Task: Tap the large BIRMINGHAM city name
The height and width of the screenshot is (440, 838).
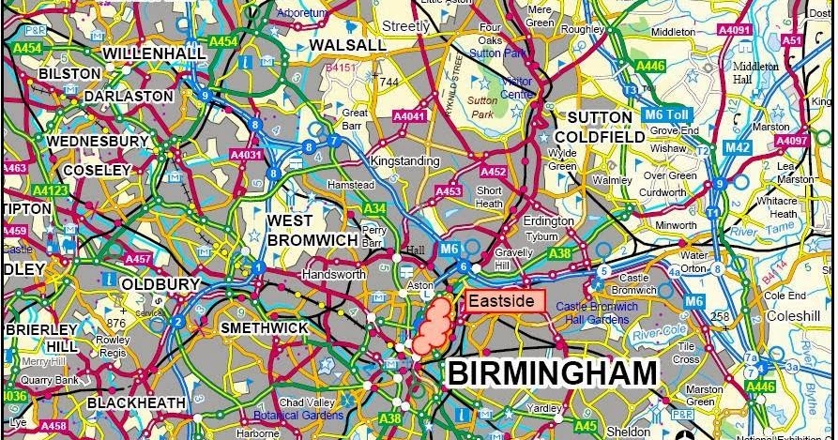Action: pos(552,372)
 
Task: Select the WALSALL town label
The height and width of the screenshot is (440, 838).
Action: pos(347,45)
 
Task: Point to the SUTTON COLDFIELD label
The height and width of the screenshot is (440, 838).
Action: pos(607,127)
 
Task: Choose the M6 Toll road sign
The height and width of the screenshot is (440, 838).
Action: pos(667,114)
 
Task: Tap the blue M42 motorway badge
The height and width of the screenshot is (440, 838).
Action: pos(737,147)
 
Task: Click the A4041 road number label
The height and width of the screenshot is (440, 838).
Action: pos(409,115)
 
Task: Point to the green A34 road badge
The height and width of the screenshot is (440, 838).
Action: pos(374,208)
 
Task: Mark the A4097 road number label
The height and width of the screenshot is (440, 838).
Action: pos(792,141)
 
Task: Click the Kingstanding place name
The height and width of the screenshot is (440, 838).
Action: pos(404,161)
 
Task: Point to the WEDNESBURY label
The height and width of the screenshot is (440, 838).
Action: pos(98,142)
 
